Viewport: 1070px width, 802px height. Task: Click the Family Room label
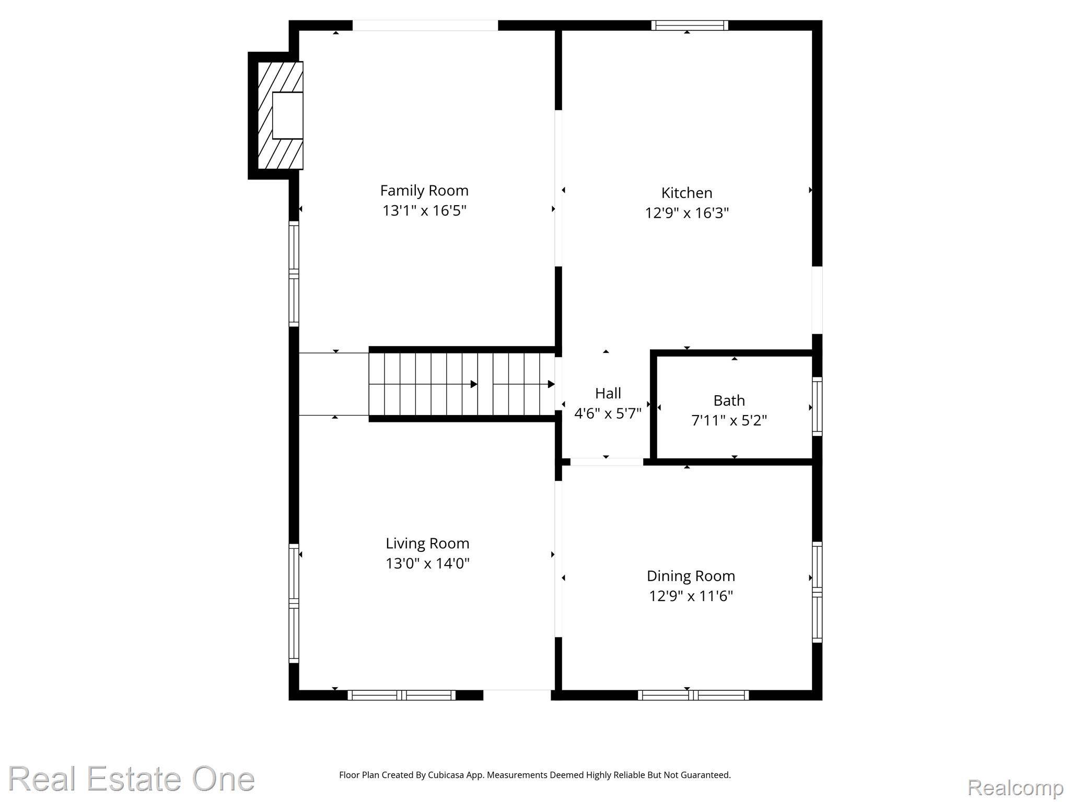click(424, 191)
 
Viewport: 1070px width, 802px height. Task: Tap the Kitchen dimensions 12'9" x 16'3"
click(687, 213)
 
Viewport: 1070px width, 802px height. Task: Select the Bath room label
click(729, 400)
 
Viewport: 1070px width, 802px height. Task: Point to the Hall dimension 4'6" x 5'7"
click(608, 414)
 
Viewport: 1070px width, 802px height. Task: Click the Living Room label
click(427, 544)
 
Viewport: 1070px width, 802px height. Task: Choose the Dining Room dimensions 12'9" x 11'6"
click(691, 596)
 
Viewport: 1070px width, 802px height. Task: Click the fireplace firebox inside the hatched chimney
click(287, 115)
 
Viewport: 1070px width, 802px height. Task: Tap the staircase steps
click(462, 384)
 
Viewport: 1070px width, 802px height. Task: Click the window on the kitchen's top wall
click(689, 25)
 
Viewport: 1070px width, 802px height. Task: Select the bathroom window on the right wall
click(817, 406)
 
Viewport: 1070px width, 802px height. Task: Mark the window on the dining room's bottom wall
click(693, 695)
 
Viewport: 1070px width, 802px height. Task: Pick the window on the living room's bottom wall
click(401, 695)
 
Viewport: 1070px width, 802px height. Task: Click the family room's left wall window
click(294, 274)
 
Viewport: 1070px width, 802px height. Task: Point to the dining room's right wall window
click(817, 592)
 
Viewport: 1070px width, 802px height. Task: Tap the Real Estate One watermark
click(131, 779)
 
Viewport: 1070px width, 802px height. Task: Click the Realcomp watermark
click(1015, 787)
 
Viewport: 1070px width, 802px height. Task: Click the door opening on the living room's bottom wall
click(517, 695)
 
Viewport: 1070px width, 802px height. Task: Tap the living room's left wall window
click(294, 603)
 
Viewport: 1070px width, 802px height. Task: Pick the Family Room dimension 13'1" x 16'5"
click(424, 210)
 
